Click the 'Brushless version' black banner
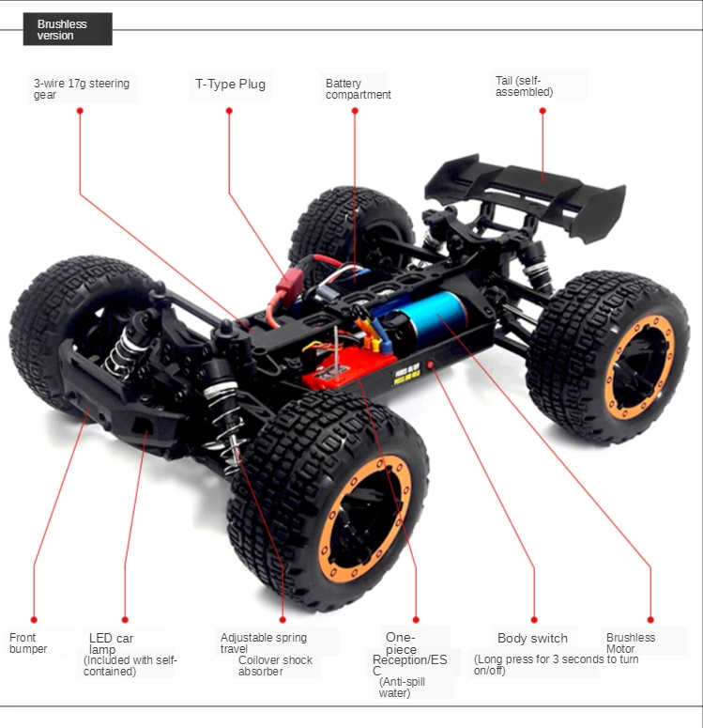(x=67, y=29)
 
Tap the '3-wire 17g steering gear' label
(x=82, y=88)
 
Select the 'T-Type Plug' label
(x=230, y=84)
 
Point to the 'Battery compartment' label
(x=358, y=89)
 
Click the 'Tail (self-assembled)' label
(x=524, y=85)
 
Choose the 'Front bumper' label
(x=28, y=643)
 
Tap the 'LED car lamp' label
(x=111, y=643)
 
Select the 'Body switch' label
(x=532, y=638)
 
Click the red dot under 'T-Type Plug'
(x=229, y=111)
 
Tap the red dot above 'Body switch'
(x=533, y=619)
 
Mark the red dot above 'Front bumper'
(x=34, y=619)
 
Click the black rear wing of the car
(x=526, y=193)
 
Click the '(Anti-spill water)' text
(x=401, y=687)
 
